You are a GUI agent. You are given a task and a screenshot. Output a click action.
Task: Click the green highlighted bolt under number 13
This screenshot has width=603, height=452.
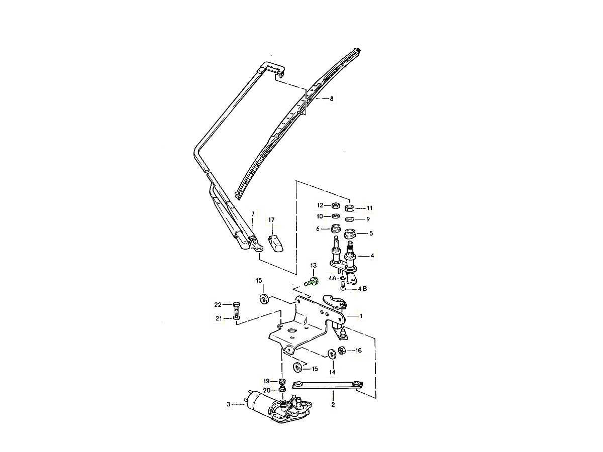point(311,282)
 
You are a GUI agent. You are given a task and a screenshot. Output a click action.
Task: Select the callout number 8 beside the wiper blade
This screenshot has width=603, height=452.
point(332,99)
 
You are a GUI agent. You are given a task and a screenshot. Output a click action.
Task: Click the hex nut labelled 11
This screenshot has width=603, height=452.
point(349,208)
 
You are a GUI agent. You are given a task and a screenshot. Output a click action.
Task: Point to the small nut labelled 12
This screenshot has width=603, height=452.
point(336,205)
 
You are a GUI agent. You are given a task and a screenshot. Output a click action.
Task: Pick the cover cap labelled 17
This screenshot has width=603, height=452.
point(275,243)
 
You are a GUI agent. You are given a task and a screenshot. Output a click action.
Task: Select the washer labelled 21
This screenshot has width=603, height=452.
point(237,318)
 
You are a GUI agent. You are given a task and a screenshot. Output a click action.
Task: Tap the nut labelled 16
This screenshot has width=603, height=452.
point(342,351)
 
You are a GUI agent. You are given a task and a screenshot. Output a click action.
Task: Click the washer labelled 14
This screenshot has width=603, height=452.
point(332,354)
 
